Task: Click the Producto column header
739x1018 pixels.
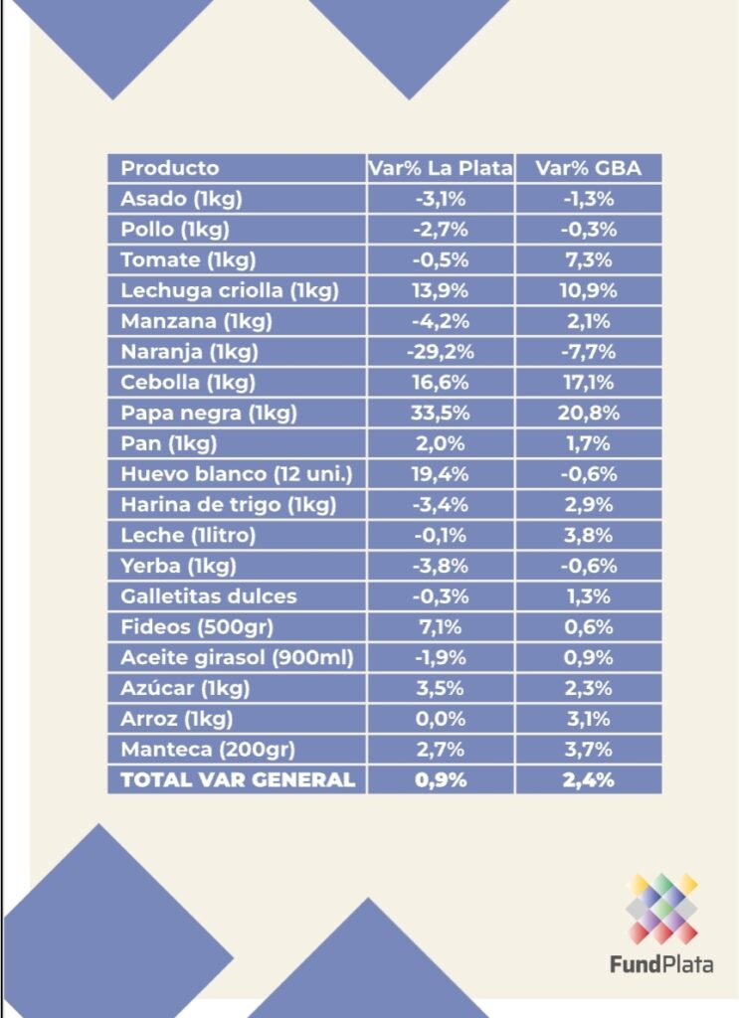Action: click(170, 168)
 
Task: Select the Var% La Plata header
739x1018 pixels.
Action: click(441, 168)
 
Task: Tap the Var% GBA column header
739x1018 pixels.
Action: click(589, 168)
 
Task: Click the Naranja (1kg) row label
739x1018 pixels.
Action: click(190, 352)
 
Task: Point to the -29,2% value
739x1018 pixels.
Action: click(441, 352)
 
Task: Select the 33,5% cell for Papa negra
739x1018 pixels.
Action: click(441, 413)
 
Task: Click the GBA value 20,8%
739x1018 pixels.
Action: click(589, 413)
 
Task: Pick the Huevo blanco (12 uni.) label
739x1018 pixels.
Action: click(237, 474)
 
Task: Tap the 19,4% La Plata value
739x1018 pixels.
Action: click(441, 474)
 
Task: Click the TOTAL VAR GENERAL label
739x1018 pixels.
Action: click(238, 779)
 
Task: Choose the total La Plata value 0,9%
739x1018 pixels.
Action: click(441, 779)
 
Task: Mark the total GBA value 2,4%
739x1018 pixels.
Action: click(589, 779)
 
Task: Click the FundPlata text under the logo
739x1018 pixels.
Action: click(661, 964)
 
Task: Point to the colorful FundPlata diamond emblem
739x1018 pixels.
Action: click(661, 909)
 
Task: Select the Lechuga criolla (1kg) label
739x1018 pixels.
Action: click(230, 290)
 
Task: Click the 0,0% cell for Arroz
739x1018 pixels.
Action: click(441, 719)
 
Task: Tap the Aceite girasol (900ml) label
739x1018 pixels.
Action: click(237, 658)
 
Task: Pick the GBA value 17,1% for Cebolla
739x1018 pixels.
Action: click(589, 383)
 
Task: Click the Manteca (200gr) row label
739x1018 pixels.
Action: click(208, 750)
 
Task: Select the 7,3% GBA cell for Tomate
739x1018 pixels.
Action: click(589, 260)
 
